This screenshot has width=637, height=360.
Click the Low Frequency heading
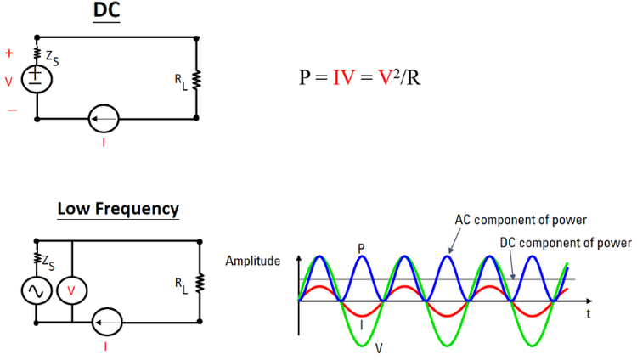[x=118, y=208]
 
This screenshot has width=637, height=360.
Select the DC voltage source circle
[x=37, y=79]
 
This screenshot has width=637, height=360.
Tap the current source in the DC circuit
[x=104, y=118]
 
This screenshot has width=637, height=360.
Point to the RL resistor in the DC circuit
[x=197, y=81]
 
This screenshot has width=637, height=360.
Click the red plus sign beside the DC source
[x=10, y=53]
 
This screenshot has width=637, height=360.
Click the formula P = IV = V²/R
[x=360, y=77]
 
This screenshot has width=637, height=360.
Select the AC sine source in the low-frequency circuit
[x=37, y=290]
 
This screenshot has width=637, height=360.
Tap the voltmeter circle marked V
[x=72, y=290]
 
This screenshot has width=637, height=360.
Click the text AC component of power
[x=519, y=221]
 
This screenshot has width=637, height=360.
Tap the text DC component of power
[x=564, y=243]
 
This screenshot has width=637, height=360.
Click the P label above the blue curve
[x=361, y=247]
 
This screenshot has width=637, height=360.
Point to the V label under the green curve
[x=378, y=348]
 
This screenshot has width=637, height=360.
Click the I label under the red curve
[x=363, y=323]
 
